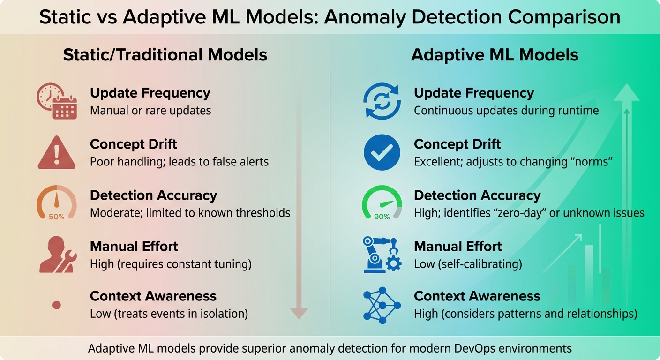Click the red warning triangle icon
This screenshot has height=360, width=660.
[57, 152]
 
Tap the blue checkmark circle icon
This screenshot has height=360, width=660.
[382, 152]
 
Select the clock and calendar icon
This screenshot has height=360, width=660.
[57, 101]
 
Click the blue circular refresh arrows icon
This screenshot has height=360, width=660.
[382, 101]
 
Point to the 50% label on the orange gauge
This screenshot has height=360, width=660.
[57, 217]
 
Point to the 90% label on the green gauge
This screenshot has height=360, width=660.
[382, 217]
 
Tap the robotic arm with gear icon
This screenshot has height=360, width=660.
[382, 255]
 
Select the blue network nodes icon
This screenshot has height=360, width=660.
[382, 305]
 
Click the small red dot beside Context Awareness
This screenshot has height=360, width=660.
[57, 305]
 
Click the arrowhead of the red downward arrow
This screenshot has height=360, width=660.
[299, 313]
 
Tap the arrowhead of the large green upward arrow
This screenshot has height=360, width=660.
[626, 92]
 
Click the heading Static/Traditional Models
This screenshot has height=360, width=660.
[165, 55]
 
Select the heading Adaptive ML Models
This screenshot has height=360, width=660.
[495, 55]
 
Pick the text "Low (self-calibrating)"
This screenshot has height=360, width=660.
[468, 264]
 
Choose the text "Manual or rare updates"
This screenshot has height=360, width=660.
[150, 111]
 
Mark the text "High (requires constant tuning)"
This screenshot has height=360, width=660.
[171, 264]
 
